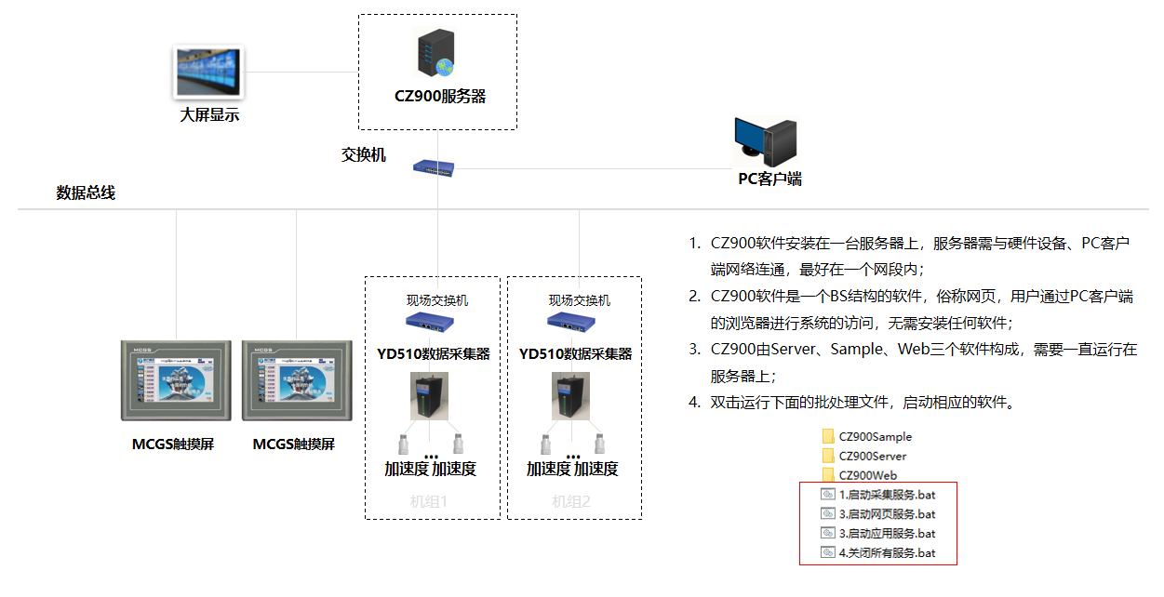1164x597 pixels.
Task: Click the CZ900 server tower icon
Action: point(434,53)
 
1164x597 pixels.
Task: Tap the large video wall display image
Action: point(209,72)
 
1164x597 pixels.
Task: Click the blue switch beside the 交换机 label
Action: point(435,167)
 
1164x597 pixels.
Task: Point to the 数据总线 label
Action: point(86,193)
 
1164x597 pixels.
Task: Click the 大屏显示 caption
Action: point(209,116)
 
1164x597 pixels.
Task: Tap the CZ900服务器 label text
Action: point(439,97)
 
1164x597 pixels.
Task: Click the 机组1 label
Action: point(429,501)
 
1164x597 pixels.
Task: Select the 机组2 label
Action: point(571,501)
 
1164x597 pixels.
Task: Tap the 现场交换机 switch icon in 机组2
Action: point(571,322)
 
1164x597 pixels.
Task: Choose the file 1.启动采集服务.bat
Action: point(886,495)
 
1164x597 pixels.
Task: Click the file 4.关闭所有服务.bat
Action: point(886,553)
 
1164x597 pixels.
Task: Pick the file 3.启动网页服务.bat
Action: point(886,514)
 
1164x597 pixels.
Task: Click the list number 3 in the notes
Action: point(693,351)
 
